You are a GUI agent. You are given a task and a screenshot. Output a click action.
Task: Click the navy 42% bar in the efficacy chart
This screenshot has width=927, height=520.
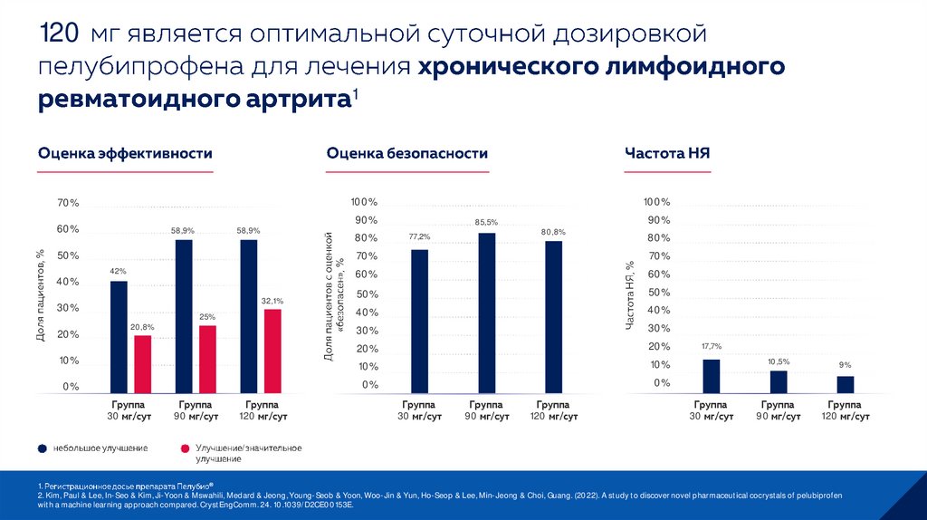pyautogui.click(x=119, y=337)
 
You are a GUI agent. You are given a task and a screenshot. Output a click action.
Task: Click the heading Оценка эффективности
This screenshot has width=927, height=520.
pyautogui.click(x=125, y=154)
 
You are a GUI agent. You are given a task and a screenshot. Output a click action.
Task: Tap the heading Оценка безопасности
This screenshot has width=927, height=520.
pyautogui.click(x=407, y=154)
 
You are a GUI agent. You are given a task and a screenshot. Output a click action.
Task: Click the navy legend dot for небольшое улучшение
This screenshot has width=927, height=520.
pyautogui.click(x=42, y=448)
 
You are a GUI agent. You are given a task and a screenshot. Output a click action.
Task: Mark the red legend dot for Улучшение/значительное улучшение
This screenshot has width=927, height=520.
pyautogui.click(x=185, y=448)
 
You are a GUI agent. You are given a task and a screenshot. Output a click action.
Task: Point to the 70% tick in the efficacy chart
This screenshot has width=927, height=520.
pyautogui.click(x=68, y=202)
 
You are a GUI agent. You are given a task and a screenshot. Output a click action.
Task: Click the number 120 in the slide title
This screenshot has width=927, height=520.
pyautogui.click(x=57, y=34)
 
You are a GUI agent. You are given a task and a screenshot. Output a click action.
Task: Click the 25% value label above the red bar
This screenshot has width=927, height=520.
pyautogui.click(x=207, y=317)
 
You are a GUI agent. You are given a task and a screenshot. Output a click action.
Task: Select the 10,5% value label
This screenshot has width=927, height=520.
pyautogui.click(x=779, y=361)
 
